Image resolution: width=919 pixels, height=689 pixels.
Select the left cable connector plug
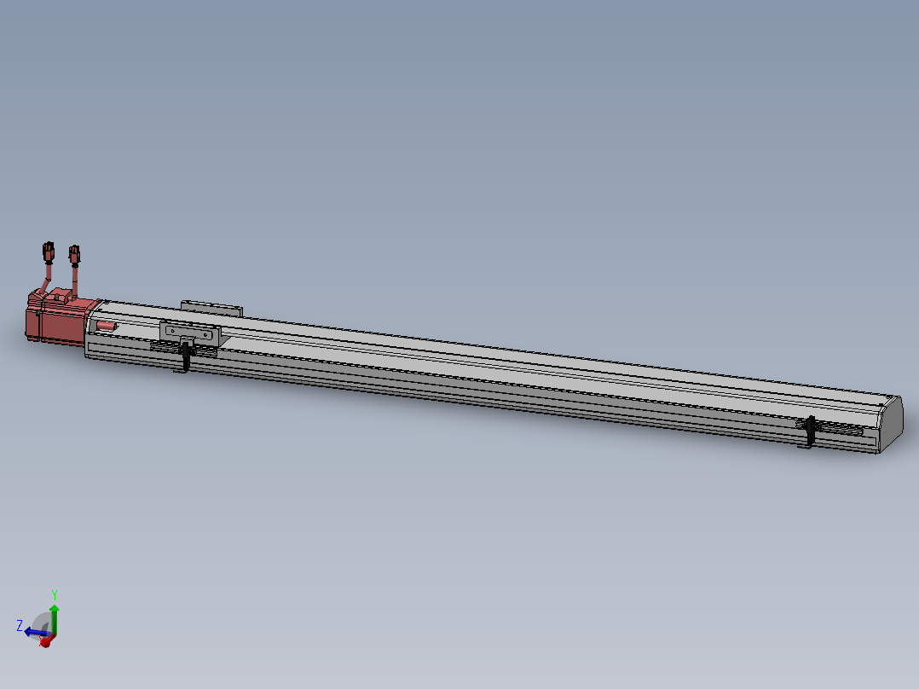pyautogui.click(x=48, y=252)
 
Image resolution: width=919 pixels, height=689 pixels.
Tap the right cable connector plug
pyautogui.click(x=74, y=253)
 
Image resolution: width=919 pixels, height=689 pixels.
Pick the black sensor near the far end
pyautogui.click(x=809, y=432)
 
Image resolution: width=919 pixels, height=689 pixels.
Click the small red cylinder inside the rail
pyautogui.click(x=106, y=325)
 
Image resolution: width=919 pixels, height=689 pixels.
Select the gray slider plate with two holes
pyautogui.click(x=190, y=333)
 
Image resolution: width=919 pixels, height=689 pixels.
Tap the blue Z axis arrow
pyautogui.click(x=32, y=632)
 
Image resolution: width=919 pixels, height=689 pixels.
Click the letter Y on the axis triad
pyautogui.click(x=55, y=594)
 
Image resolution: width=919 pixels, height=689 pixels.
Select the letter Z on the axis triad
pyautogui.click(x=19, y=625)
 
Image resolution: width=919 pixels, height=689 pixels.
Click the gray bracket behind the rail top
pyautogui.click(x=211, y=306)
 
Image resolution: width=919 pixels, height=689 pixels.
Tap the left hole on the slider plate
pyautogui.click(x=173, y=330)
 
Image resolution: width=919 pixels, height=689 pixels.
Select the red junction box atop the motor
pyautogui.click(x=60, y=296)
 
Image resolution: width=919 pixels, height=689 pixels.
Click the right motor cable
pyautogui.click(x=76, y=277)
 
